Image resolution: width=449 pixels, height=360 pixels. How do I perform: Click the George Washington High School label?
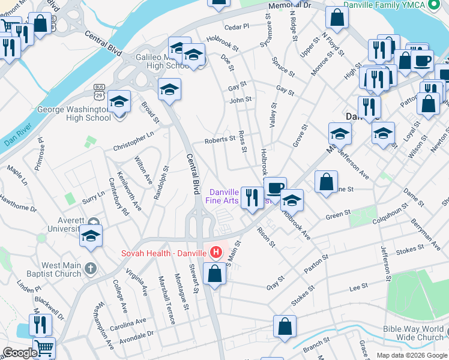(74, 113)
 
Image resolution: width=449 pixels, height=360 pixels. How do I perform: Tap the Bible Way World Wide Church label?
(414, 333)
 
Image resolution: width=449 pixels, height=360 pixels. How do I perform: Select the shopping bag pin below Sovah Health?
(214, 274)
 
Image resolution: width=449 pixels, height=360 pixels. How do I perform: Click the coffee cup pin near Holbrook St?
(275, 188)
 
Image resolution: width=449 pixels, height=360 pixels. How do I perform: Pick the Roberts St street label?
(218, 139)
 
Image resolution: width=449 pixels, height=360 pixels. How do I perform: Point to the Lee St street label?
(358, 288)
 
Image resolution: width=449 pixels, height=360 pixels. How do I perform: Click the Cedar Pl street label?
(236, 27)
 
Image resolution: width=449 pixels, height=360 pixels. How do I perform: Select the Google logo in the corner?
(19, 353)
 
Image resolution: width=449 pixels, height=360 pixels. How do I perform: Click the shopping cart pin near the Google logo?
(43, 347)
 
